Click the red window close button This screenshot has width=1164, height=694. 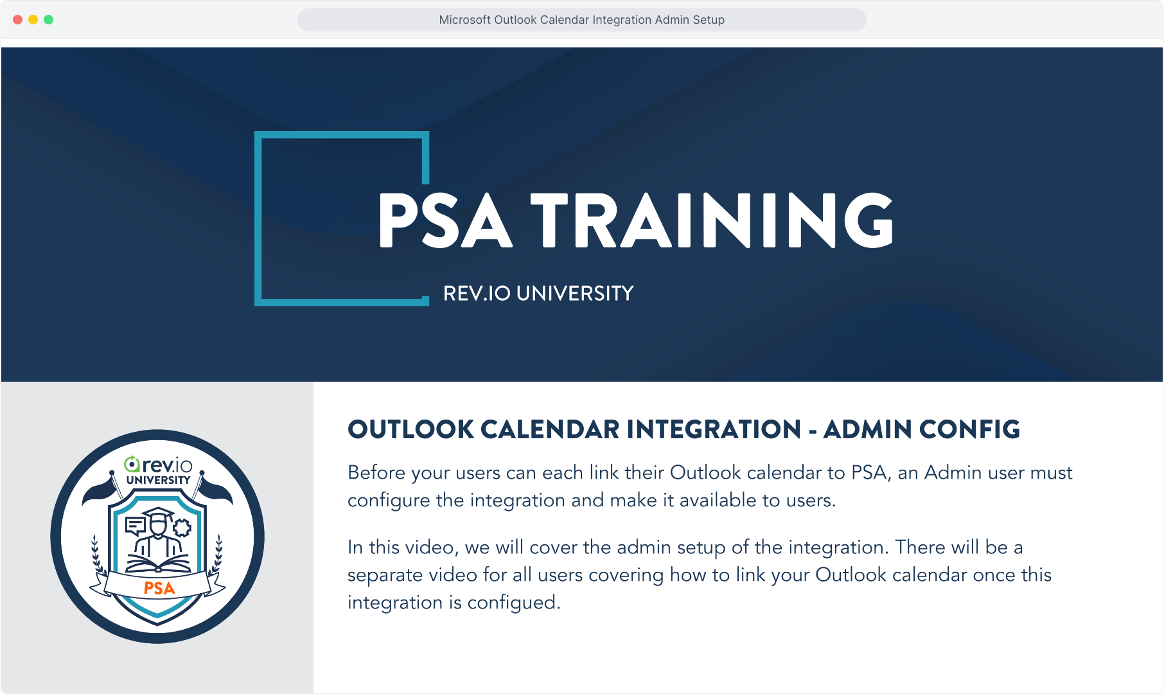pos(18,20)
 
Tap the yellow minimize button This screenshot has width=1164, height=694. pos(33,20)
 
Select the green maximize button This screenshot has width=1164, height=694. pos(49,20)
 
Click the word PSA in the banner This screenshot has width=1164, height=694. pos(445,220)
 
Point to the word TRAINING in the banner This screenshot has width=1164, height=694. pos(712,220)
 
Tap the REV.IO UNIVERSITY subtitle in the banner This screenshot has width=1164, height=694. pos(538,294)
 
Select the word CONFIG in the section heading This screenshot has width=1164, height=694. pos(969,429)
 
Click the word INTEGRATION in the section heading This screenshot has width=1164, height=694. pos(714,429)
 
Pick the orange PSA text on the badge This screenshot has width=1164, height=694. pos(159,588)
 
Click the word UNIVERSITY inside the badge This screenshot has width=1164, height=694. pos(158,480)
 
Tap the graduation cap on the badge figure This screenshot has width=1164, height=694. pos(158,515)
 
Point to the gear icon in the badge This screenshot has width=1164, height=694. pos(182,528)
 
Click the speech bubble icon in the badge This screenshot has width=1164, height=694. pos(136,526)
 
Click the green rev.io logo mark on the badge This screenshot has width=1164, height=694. pos(132,463)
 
